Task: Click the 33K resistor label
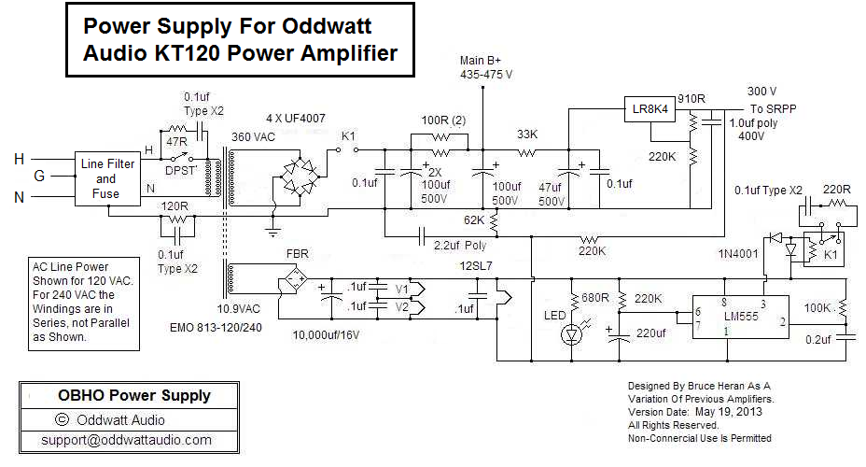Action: (528, 134)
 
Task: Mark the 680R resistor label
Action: (594, 298)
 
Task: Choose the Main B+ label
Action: (482, 62)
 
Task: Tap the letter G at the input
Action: (38, 177)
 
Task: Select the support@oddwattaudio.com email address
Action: (126, 440)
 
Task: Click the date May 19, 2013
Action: (725, 412)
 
